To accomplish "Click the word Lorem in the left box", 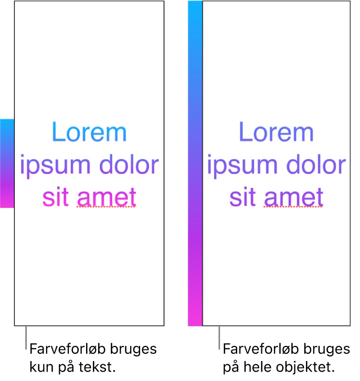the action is pos(89,132).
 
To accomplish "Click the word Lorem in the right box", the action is pos(277,132).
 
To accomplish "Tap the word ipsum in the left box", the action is pos(56,166).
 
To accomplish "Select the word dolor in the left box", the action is pos(129,164).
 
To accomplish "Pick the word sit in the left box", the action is pos(56,197).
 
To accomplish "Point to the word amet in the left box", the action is pos(107,197).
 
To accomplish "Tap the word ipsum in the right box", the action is pos(242,166).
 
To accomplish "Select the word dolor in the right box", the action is pos(316,164).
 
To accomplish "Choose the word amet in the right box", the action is pos(293,197).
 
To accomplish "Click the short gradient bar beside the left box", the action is pos(7,163).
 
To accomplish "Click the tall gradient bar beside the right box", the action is pos(195,163).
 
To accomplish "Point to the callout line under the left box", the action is pos(26,338).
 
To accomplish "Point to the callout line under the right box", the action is pos(219,338).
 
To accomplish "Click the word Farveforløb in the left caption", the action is pos(68,349).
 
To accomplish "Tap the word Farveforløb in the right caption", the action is pos(261,349).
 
